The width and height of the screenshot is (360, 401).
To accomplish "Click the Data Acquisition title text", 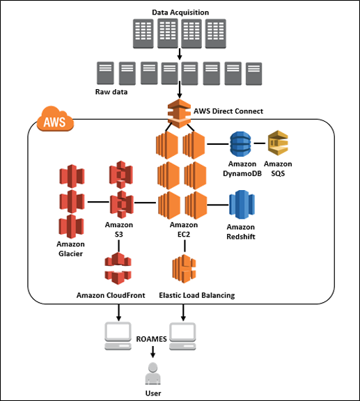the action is point(180,13).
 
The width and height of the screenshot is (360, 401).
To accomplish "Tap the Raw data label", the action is point(111,92).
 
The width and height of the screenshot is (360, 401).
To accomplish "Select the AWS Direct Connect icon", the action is point(179,113).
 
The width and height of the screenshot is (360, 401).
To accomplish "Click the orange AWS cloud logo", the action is point(55,118).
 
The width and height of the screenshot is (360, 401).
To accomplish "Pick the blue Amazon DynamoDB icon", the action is point(240,143).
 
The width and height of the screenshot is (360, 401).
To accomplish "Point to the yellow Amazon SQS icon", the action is point(278,143).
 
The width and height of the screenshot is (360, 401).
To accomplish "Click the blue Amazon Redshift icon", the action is point(242,205).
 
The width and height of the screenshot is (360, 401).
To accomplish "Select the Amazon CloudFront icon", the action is point(118,268).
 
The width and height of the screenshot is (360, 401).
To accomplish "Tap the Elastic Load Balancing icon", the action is point(185,269).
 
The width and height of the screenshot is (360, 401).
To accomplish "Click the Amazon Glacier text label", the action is point(70,249).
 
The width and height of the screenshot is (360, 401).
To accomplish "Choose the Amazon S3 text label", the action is point(119,230).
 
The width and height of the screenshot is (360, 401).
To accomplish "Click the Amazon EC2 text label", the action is point(184,230).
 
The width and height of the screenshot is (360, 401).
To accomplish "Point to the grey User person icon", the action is point(153,373).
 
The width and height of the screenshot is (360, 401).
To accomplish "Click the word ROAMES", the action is point(152,339).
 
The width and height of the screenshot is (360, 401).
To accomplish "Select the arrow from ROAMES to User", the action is point(152,352).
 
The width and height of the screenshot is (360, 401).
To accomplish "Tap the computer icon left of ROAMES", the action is point(118,336).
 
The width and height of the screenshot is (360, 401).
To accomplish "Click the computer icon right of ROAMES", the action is point(182,336).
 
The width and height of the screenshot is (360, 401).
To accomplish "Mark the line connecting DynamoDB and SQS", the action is point(260,143).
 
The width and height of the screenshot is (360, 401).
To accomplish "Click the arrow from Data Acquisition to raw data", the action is point(180,54).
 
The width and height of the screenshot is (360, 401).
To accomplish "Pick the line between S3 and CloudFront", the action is point(118,246).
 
